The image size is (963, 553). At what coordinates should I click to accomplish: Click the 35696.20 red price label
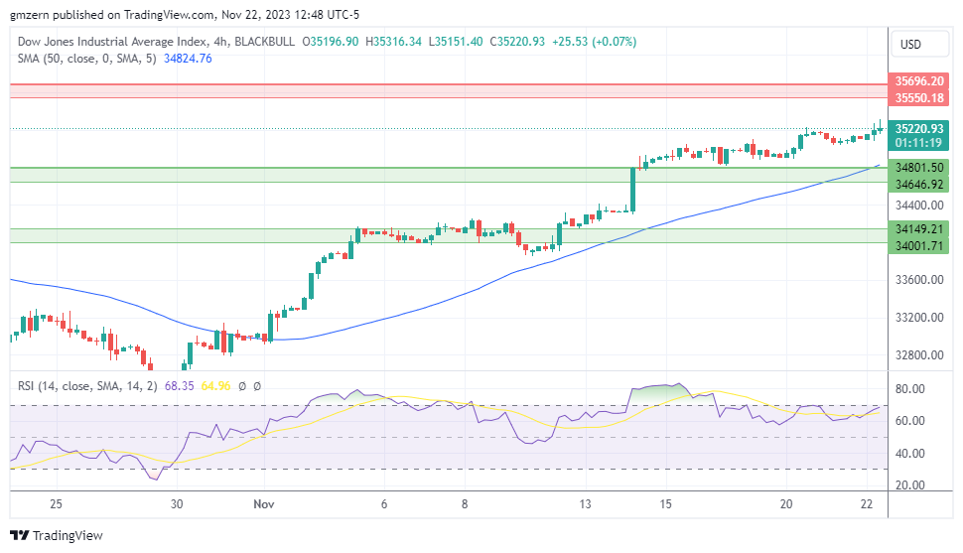(918, 81)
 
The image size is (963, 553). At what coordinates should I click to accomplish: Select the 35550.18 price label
(918, 98)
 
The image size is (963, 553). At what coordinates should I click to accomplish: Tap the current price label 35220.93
(918, 128)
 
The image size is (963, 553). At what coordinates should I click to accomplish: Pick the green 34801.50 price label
(918, 168)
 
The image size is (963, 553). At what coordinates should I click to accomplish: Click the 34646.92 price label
(918, 185)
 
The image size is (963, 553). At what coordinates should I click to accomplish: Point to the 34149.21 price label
(918, 228)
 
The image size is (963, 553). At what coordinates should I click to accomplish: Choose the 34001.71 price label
(918, 245)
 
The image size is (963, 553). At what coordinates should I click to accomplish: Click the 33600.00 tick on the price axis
(918, 280)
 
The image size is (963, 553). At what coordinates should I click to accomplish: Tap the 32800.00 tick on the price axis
(918, 355)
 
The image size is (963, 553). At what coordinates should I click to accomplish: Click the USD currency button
(910, 45)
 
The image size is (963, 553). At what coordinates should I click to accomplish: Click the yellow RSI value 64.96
(216, 386)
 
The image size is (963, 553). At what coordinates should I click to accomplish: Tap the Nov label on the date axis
(264, 504)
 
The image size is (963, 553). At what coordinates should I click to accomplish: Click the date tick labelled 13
(586, 504)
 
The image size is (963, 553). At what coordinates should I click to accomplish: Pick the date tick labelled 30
(176, 504)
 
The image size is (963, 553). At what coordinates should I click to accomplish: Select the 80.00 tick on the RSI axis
(910, 389)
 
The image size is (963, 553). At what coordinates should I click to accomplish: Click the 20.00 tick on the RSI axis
(910, 485)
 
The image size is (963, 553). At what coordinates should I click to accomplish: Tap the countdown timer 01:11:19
(918, 143)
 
